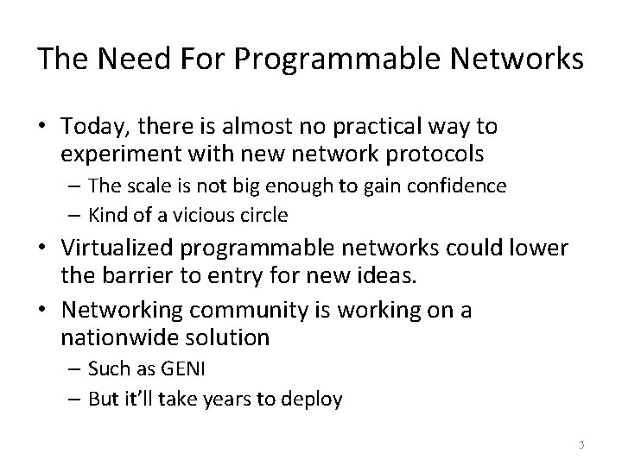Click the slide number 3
[581, 444]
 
